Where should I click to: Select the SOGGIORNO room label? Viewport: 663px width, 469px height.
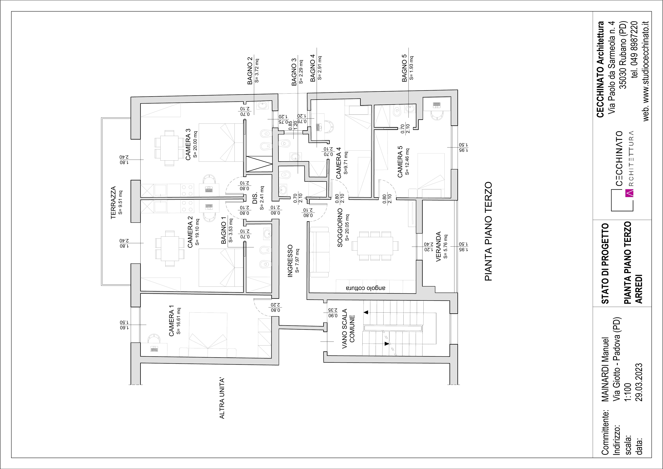[x=340, y=228]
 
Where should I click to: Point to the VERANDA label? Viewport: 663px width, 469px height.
[x=438, y=246]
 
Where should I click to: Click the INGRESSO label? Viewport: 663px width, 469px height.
[x=290, y=261]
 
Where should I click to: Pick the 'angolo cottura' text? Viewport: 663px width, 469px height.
[x=366, y=288]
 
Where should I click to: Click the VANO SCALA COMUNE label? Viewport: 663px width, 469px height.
[x=348, y=328]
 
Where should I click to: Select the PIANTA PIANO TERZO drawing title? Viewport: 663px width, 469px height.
[x=488, y=231]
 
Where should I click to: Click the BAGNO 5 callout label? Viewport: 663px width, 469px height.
[x=405, y=68]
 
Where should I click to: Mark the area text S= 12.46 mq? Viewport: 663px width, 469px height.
[x=407, y=162]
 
